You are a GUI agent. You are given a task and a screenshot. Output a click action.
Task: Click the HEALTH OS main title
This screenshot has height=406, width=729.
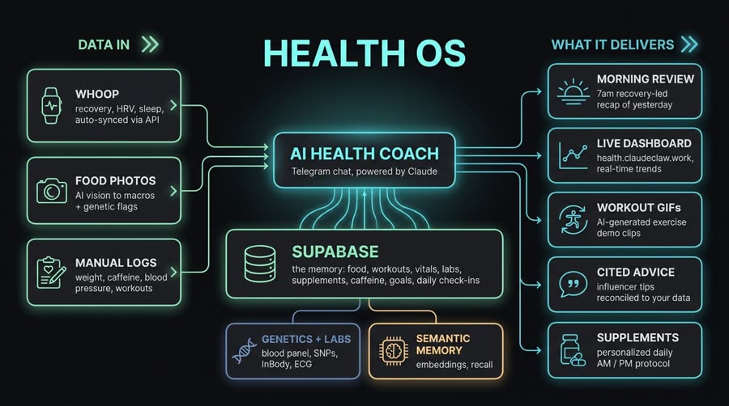[364, 53]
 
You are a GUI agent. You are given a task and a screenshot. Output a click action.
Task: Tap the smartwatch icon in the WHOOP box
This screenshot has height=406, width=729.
[51, 106]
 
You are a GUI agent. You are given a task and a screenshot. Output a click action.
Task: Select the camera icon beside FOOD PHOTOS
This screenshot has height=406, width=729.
[52, 190]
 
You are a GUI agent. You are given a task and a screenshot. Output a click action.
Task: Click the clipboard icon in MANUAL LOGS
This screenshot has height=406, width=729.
[51, 273]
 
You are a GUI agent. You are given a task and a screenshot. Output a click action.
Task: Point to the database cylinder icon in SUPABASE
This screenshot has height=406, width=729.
[260, 264]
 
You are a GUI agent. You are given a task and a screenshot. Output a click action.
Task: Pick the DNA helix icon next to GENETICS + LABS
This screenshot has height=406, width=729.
[244, 351]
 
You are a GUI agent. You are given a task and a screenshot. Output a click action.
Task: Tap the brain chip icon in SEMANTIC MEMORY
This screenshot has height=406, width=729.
[394, 351]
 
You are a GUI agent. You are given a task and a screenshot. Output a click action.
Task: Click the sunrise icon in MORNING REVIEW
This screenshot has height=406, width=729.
[573, 92]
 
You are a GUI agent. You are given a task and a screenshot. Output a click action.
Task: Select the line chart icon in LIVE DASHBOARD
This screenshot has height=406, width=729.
[573, 156]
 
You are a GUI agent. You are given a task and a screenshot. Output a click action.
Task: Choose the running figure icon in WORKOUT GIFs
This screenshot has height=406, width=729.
[573, 220]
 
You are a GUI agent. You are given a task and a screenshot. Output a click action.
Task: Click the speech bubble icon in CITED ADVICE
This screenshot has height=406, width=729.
[573, 284]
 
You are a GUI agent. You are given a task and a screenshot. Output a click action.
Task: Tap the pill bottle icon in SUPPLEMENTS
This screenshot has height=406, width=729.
[573, 350]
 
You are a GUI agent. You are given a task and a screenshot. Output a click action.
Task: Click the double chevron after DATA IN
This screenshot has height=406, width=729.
[150, 44]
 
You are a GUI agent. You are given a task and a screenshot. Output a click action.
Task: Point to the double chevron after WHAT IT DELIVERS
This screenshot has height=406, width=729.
[689, 44]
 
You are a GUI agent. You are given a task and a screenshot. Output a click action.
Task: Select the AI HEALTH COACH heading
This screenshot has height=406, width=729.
[364, 154]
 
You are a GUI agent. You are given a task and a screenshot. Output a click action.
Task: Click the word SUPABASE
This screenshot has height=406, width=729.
[335, 252]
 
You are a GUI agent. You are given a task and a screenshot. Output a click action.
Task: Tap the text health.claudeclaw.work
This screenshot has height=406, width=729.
[645, 158]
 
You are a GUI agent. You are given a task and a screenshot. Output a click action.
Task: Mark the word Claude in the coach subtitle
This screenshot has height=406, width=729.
[422, 171]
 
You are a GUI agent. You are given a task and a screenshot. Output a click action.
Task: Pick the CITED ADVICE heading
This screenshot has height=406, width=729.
[636, 273]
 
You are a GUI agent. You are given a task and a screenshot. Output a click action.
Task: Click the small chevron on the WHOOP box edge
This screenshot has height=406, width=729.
[173, 105]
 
